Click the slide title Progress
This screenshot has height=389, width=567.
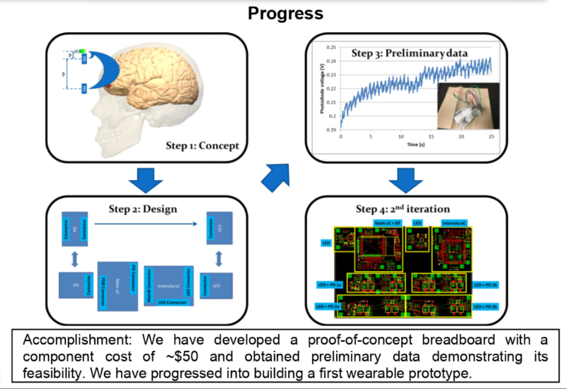285,14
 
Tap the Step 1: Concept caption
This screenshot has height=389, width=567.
202,146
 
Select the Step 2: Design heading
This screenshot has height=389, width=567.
143,208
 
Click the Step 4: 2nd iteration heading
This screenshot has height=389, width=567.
403,208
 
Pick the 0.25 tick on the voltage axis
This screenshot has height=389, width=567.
332,47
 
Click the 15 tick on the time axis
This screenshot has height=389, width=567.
431,137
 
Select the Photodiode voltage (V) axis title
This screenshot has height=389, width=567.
322,89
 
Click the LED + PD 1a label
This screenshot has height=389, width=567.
330,285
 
